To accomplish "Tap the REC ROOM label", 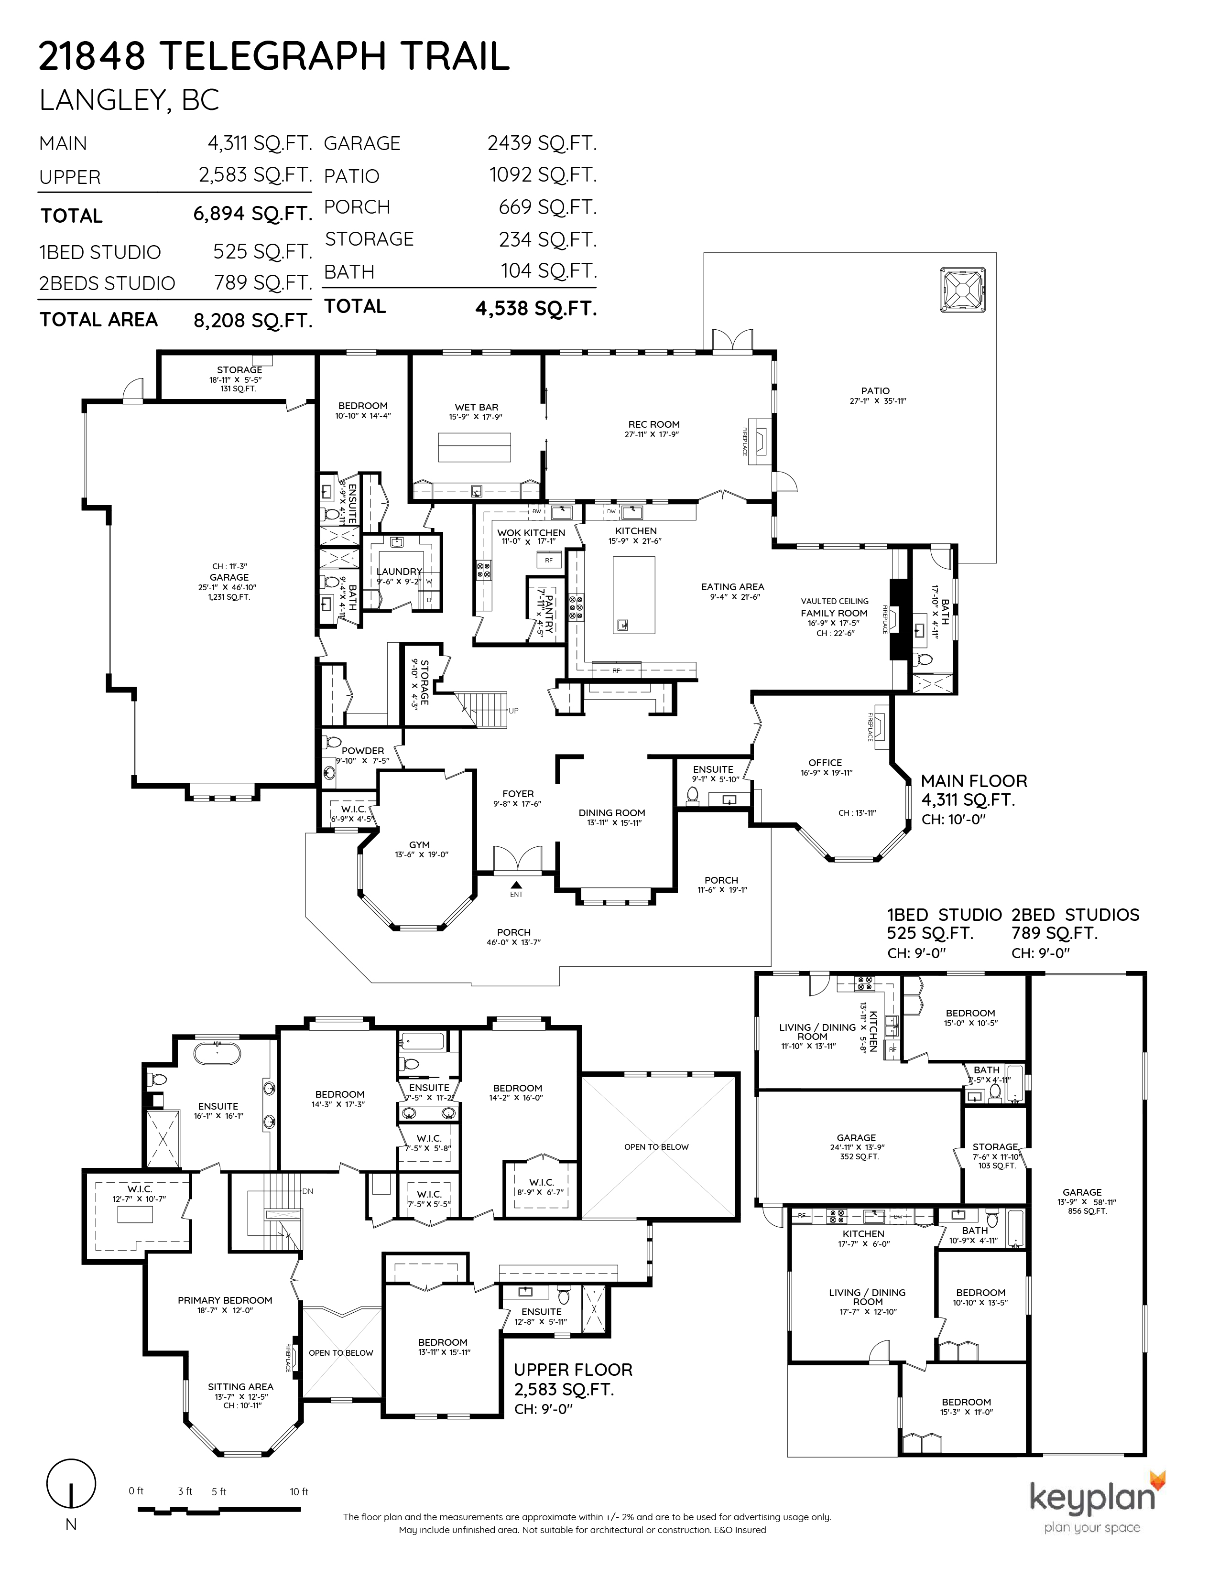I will pyautogui.click(x=653, y=424).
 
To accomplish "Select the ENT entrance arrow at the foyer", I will pyautogui.click(x=516, y=885).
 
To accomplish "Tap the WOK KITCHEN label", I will pyautogui.click(x=531, y=533).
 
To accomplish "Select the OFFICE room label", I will pyautogui.click(x=825, y=763).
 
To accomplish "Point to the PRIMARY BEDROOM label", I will pyautogui.click(x=225, y=1300).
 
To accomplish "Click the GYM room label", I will pyautogui.click(x=419, y=845).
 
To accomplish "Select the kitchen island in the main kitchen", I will pyautogui.click(x=633, y=595).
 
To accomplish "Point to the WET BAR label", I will pyautogui.click(x=476, y=407).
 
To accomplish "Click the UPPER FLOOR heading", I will pyautogui.click(x=573, y=1370).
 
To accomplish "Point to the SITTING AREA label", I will pyautogui.click(x=240, y=1386).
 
